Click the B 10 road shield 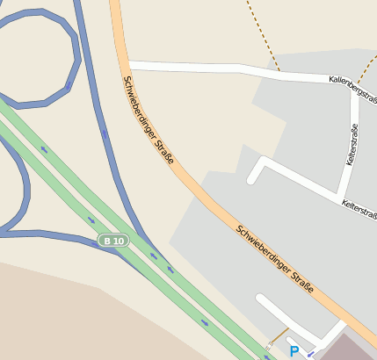click(x=114, y=241)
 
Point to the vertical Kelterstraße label click(x=352, y=145)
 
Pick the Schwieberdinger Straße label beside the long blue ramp click(x=149, y=123)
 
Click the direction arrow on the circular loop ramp click(x=68, y=87)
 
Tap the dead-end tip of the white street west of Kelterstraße click(x=252, y=179)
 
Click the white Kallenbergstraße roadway click(x=228, y=68)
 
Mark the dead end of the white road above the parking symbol click(x=260, y=299)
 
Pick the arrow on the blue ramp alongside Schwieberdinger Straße click(x=105, y=134)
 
